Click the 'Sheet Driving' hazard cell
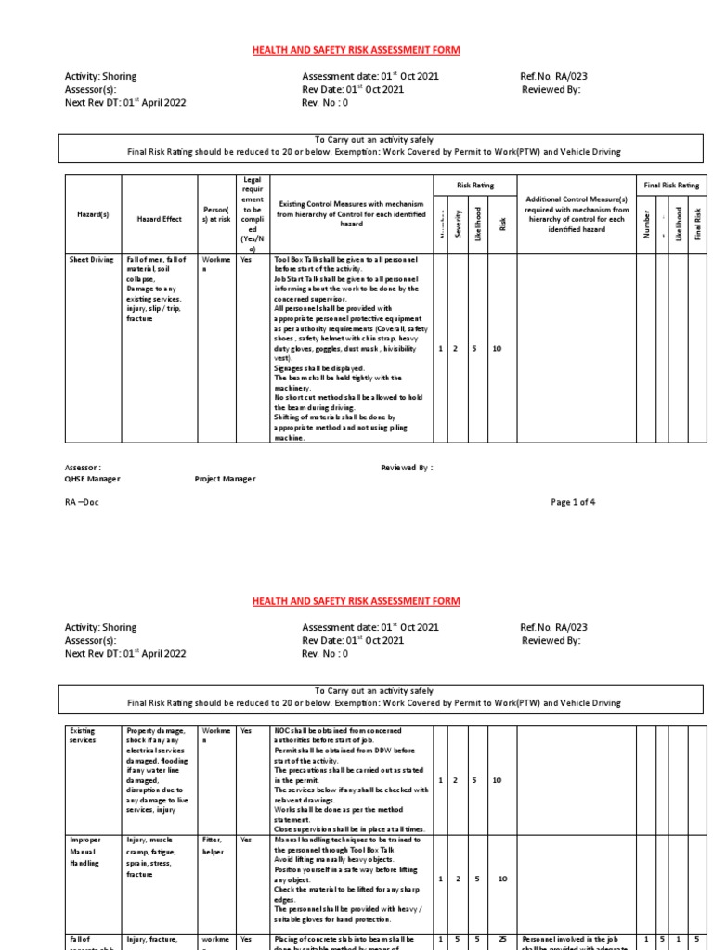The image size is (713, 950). pyautogui.click(x=90, y=261)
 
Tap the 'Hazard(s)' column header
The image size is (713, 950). pyautogui.click(x=92, y=214)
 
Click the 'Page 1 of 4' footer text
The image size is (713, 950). pyautogui.click(x=574, y=502)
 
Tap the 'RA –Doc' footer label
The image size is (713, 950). pyautogui.click(x=82, y=502)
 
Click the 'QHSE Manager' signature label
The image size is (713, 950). pyautogui.click(x=92, y=480)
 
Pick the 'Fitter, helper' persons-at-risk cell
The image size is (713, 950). pyautogui.click(x=212, y=845)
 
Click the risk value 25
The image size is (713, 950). pyautogui.click(x=500, y=940)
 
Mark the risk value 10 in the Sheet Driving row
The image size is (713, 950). pyautogui.click(x=497, y=349)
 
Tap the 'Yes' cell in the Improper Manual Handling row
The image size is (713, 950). pyautogui.click(x=246, y=840)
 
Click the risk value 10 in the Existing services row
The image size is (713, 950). pyautogui.click(x=497, y=781)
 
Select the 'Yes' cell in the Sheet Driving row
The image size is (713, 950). pyautogui.click(x=246, y=261)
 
